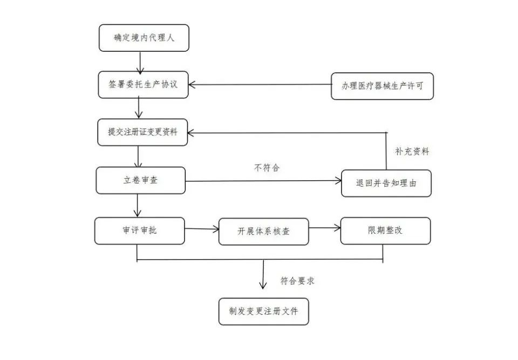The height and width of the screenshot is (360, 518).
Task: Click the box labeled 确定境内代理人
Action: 144,38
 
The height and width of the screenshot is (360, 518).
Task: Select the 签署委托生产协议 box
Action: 144,85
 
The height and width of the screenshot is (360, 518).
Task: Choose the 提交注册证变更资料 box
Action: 142,132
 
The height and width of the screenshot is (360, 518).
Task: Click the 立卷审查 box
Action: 140,180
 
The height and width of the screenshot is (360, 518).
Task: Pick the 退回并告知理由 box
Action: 386,184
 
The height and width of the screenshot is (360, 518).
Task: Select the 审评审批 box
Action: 139,230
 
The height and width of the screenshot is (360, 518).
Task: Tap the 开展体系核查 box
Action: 263,232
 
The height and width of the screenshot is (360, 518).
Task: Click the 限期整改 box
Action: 385,230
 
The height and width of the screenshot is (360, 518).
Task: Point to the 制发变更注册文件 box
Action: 263,311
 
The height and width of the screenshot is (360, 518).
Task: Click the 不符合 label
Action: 267,168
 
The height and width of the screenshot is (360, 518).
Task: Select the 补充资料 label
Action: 412,152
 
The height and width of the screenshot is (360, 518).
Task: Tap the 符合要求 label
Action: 297,281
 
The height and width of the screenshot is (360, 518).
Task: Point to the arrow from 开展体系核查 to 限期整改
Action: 324,228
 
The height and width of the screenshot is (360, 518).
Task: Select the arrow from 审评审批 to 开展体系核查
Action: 202,229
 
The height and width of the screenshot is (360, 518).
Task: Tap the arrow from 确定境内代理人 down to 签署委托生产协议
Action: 140,62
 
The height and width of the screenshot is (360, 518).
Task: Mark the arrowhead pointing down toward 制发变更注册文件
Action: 263,284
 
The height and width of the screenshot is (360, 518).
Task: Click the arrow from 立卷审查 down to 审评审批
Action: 138,205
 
